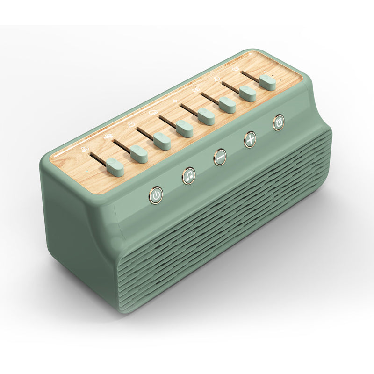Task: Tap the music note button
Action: coord(189,176)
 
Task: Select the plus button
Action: coord(251,139)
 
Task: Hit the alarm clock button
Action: coord(279,122)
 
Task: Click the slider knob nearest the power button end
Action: coord(115,167)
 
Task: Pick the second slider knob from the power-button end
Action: coord(139,154)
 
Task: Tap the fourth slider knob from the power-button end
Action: coord(184,128)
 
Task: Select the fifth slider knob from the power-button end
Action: coord(206,116)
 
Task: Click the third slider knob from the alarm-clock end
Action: coord(227,105)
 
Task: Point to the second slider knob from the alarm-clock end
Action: coord(248,93)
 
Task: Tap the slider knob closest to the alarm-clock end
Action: coord(267,82)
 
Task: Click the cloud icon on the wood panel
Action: coord(152,113)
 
